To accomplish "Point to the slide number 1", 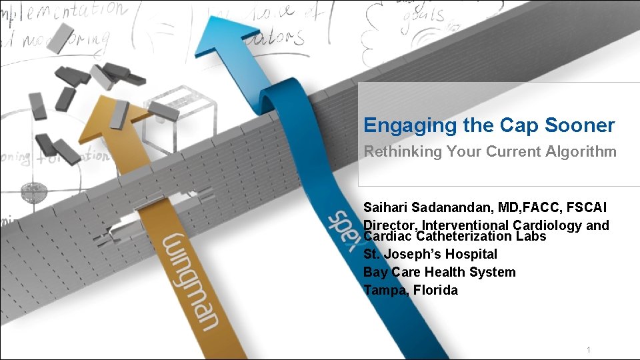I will click(x=589, y=350).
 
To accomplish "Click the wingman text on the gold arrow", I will click(x=197, y=280).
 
